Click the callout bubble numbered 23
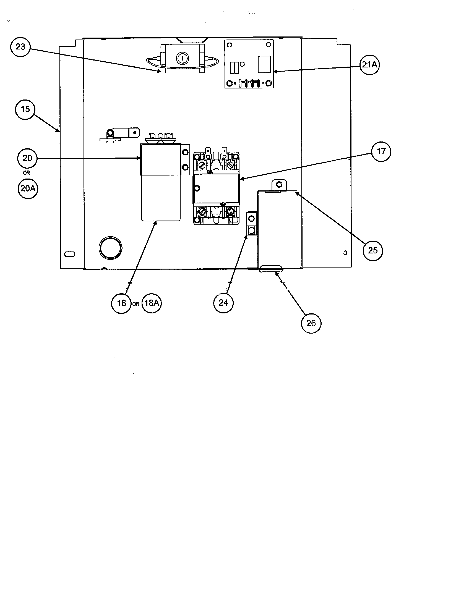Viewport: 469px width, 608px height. coord(20,47)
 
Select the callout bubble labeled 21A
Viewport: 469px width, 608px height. coord(369,65)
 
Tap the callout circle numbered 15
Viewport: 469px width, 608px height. coord(25,109)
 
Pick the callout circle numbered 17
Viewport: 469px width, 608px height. coord(381,151)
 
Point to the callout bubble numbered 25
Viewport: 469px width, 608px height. coord(373,251)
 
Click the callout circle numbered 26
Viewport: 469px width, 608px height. coord(311,323)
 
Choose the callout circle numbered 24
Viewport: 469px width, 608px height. coord(223,303)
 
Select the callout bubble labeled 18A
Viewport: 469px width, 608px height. coord(152,303)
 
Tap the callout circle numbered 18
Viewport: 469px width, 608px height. coord(121,303)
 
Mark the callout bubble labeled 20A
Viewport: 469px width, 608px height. coord(28,188)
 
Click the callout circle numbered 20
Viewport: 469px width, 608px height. coord(27,158)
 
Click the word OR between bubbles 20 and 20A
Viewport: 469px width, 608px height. coord(27,173)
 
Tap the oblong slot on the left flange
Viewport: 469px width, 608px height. coord(69,254)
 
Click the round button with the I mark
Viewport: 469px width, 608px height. coord(182,59)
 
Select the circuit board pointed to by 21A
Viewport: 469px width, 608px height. coord(249,64)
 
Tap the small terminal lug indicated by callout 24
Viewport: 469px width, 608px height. coord(251,224)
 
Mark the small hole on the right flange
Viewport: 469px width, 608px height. coord(345,253)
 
